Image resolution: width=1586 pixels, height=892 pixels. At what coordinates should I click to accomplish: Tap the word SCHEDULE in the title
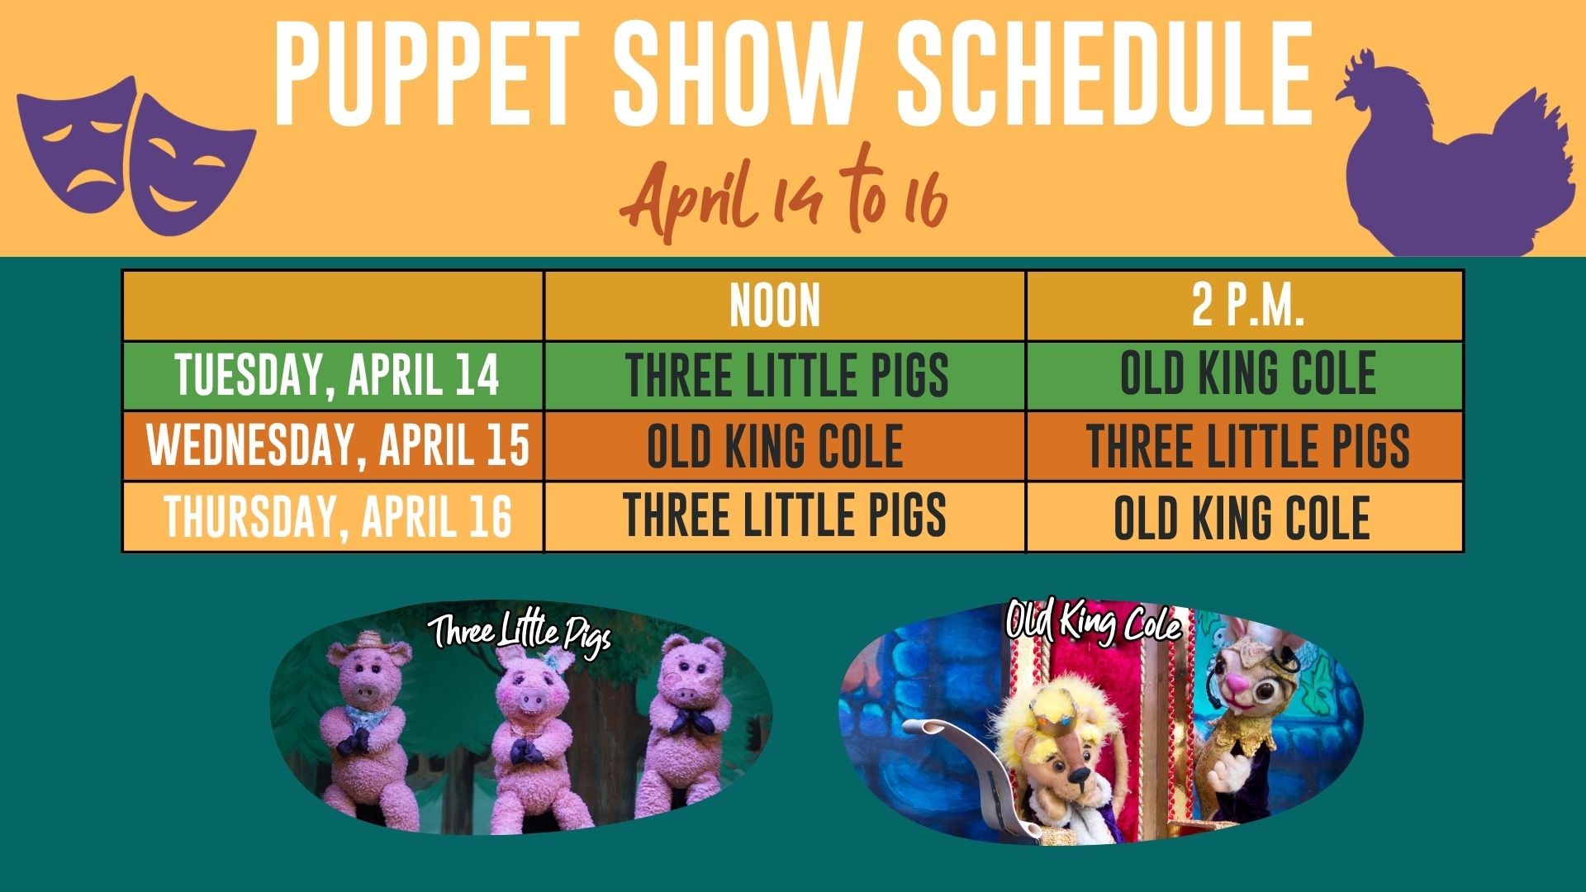pyautogui.click(x=1105, y=74)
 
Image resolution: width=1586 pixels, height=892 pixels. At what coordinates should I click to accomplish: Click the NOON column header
pyautogui.click(x=775, y=306)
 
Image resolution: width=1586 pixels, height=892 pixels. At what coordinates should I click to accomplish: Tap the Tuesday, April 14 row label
pyautogui.click(x=337, y=376)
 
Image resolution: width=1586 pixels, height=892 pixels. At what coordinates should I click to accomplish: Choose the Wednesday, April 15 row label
pyautogui.click(x=338, y=445)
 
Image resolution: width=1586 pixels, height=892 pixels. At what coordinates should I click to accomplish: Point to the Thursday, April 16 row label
pyautogui.click(x=338, y=516)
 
